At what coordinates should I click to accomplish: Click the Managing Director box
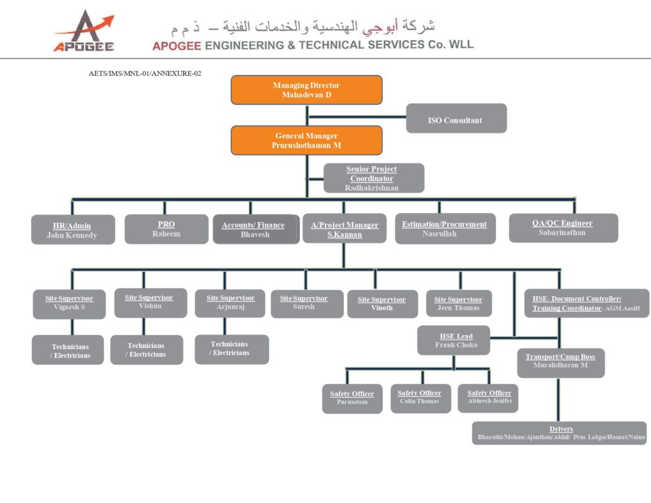point(306,90)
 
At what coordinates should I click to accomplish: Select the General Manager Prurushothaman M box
point(306,140)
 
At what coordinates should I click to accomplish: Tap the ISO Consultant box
point(456,119)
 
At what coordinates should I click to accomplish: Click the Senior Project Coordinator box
point(373,178)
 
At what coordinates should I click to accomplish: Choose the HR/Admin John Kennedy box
point(72,230)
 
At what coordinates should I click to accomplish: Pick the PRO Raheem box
point(166,229)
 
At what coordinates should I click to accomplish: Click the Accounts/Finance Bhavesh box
point(255,230)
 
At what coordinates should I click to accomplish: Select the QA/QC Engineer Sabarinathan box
point(563,228)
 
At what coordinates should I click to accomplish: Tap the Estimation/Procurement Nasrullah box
point(444,229)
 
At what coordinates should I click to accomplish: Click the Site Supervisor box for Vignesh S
point(69,303)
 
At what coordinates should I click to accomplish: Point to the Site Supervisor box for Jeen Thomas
point(458,303)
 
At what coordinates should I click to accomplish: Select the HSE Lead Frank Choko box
point(456,340)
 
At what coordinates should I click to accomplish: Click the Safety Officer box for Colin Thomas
point(420,398)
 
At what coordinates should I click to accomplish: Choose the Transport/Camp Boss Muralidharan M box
point(560,362)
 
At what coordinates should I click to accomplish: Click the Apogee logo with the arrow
point(84,31)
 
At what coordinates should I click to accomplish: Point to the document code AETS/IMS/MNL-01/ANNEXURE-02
point(145,74)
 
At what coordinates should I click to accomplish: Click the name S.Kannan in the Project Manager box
point(345,235)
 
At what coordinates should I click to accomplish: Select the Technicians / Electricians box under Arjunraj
point(231,349)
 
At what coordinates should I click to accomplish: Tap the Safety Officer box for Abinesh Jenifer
point(489,397)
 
